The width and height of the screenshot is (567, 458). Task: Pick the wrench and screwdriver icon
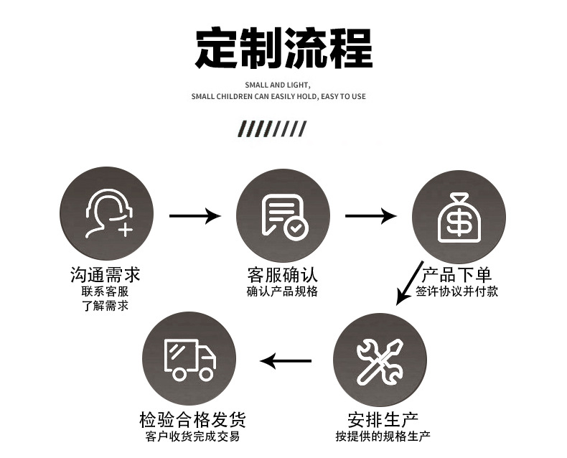380,360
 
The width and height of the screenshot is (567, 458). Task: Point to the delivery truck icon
189,359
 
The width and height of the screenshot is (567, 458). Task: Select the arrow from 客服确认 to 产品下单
370,215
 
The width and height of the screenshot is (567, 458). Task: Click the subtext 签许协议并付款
456,291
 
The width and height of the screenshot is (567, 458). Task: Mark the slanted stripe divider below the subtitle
272,129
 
